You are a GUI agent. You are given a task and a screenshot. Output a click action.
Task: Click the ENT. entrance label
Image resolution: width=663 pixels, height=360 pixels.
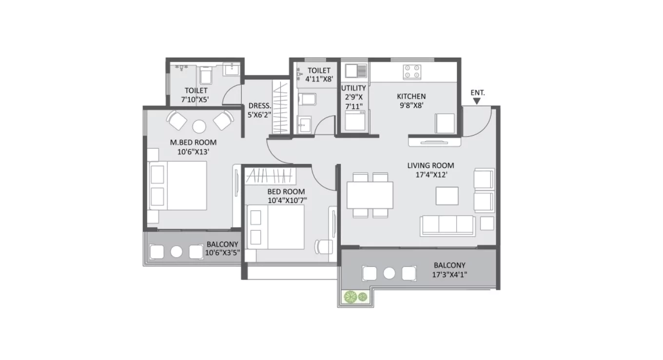tap(477, 92)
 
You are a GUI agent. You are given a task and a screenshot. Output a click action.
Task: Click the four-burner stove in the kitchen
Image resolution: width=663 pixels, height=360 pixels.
tap(412, 72)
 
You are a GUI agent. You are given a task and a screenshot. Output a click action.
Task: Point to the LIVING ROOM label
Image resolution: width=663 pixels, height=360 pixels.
tap(430, 166)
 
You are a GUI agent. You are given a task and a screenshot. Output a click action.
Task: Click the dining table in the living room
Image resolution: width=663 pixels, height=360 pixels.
tap(370, 195)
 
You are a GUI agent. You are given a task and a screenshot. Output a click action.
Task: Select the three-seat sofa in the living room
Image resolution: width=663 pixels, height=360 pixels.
tap(448, 225)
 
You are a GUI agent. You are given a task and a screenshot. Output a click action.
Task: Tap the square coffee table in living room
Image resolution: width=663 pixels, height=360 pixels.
tap(447, 196)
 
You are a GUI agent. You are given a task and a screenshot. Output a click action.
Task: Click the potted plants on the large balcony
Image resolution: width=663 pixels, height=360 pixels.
tap(356, 297)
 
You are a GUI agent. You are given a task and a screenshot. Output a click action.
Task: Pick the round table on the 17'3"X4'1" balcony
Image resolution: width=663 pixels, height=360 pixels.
tap(389, 273)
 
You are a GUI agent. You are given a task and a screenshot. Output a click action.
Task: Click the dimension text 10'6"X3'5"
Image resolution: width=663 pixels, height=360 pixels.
tap(222, 253)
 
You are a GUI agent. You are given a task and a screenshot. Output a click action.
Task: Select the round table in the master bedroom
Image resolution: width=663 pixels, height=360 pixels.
tap(199, 126)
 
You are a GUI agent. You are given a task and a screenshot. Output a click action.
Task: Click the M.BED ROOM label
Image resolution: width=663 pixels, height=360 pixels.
tap(193, 142)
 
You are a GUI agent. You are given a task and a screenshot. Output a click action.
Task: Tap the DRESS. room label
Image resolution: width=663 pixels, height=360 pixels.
tap(257, 105)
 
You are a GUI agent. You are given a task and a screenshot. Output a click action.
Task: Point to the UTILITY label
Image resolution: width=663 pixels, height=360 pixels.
tap(353, 88)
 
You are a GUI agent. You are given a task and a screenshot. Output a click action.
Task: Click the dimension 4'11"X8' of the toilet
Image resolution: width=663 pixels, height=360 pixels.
tap(318, 79)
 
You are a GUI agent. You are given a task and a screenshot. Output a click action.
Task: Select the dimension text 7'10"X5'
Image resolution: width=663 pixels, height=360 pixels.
tap(195, 99)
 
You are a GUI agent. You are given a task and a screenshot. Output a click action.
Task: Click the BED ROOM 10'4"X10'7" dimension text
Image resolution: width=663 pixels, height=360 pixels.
tap(287, 200)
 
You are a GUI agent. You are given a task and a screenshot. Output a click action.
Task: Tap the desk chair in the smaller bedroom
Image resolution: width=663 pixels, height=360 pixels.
tap(322, 246)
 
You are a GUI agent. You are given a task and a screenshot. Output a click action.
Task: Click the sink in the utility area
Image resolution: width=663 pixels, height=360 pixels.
tap(356, 71)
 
